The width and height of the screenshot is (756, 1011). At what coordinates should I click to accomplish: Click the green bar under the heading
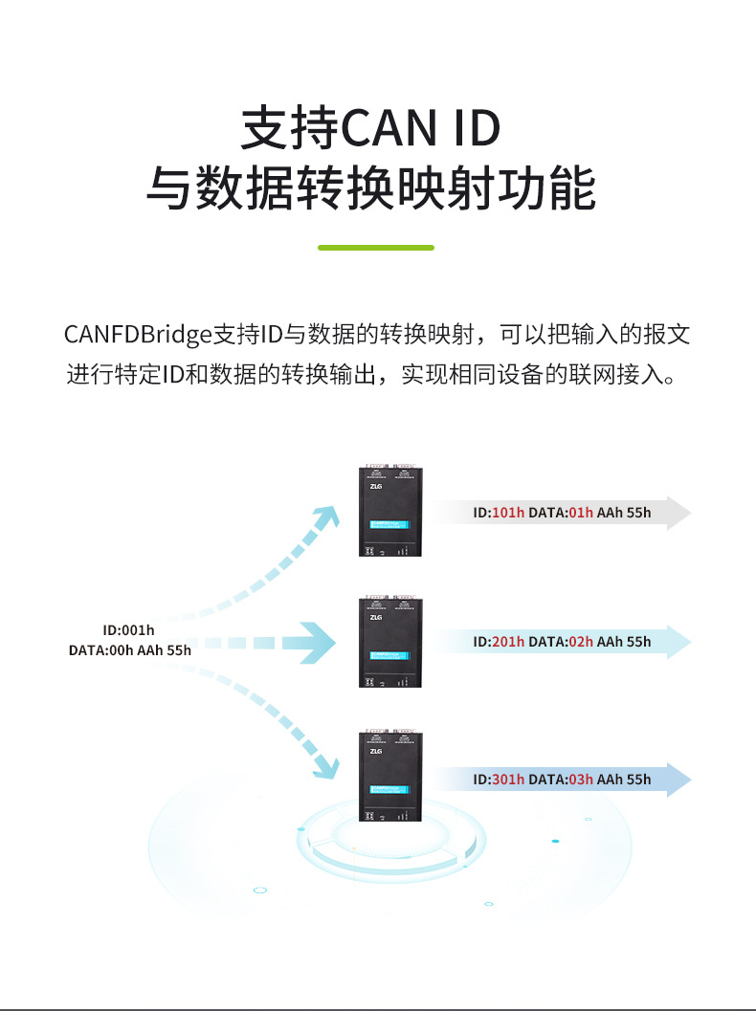tap(376, 247)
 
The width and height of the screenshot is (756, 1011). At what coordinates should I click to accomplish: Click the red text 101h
tap(508, 513)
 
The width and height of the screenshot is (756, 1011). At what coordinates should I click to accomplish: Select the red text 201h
tap(508, 642)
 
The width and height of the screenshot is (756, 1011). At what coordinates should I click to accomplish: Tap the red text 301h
tap(508, 780)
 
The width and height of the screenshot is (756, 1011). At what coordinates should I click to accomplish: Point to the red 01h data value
tap(581, 513)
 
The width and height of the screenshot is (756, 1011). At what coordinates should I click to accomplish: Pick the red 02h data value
tap(581, 642)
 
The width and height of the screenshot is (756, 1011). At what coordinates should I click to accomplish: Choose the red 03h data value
tap(581, 780)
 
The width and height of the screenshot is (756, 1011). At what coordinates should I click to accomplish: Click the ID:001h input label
tap(128, 630)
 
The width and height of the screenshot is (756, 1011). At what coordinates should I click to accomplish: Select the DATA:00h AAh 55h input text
tap(130, 650)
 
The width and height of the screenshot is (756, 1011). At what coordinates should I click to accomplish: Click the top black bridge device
tap(390, 511)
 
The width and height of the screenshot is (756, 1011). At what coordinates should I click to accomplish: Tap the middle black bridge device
tap(390, 642)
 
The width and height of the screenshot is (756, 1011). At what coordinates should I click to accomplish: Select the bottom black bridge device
tap(390, 776)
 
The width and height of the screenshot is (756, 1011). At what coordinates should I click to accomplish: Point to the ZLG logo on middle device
tap(375, 617)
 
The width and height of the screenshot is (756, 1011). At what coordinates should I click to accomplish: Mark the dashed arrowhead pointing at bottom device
tap(326, 765)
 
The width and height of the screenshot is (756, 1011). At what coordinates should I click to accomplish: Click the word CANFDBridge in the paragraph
tap(138, 335)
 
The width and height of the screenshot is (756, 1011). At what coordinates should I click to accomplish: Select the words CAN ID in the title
tap(421, 129)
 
